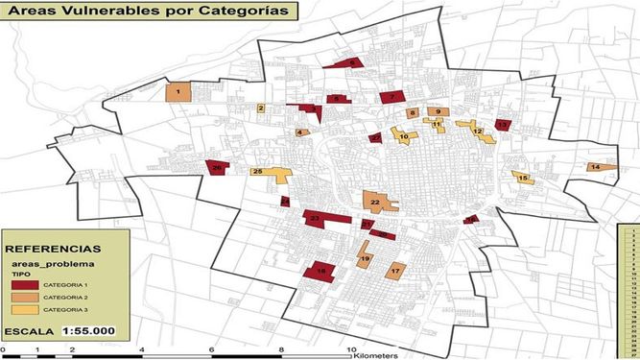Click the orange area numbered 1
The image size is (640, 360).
[x=178, y=91]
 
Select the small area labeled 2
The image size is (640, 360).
[x=260, y=108]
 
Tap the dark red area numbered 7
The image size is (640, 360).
[x=392, y=96]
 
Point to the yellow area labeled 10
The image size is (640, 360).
[x=403, y=137]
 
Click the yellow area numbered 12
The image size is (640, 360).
[x=477, y=130]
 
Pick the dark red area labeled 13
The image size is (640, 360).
[x=503, y=125]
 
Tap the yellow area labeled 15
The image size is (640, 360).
[x=522, y=177]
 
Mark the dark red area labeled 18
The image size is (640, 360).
[x=320, y=273]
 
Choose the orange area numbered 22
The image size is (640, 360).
[x=375, y=202]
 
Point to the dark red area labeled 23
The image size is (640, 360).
[x=317, y=219]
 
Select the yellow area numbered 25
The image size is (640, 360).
[x=271, y=173]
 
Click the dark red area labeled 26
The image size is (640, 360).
[x=219, y=167]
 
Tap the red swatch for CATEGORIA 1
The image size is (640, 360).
[x=33, y=284]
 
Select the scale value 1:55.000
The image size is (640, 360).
[x=89, y=331]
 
